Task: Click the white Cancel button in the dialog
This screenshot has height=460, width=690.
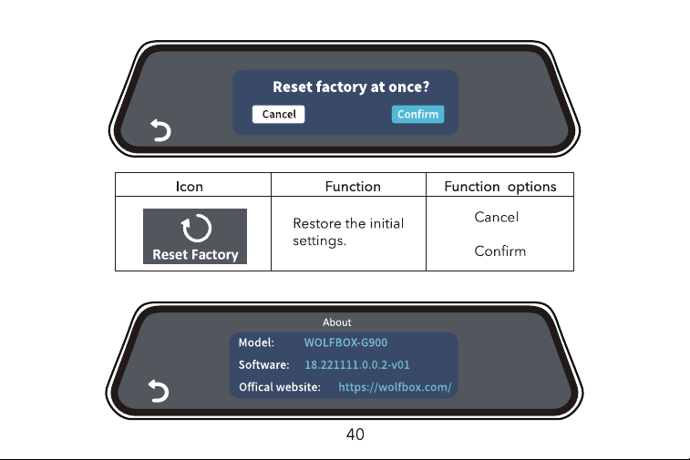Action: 278,115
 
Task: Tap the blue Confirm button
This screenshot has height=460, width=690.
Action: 417,115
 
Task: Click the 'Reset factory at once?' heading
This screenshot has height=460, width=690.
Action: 351,87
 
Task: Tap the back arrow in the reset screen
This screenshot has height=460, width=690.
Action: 161,130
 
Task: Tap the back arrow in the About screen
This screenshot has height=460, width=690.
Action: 159,391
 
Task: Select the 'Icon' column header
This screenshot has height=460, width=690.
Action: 190,187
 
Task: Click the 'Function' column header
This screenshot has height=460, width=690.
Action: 353,187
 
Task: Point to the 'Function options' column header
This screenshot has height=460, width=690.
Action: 500,187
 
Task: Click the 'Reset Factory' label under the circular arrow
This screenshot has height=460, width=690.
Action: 195,255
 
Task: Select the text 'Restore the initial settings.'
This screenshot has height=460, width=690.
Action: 348,231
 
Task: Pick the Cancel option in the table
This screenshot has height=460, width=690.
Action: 497,217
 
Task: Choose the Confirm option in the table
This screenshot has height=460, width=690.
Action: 499,251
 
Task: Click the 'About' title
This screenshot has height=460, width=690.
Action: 337,322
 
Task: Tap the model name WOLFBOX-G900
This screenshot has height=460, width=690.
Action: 345,342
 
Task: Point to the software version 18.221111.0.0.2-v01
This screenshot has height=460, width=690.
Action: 357,364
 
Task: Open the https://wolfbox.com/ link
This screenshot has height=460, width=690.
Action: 395,387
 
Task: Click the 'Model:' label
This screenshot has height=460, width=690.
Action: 256,342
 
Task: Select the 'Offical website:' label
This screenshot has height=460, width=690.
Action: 280,387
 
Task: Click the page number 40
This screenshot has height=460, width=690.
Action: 355,434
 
